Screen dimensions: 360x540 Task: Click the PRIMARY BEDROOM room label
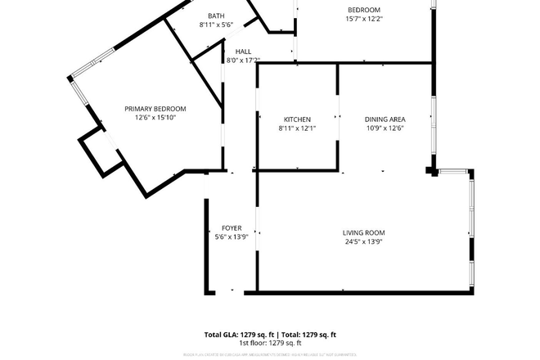click(x=155, y=109)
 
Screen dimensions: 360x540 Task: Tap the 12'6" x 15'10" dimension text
click(x=155, y=118)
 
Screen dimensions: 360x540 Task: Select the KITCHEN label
click(x=297, y=119)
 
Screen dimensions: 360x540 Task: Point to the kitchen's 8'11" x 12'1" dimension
click(x=297, y=128)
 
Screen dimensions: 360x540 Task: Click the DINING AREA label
click(x=384, y=119)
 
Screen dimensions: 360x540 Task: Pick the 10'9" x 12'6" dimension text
click(x=384, y=128)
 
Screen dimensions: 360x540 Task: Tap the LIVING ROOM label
click(x=363, y=233)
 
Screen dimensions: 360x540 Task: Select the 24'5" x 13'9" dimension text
click(x=363, y=242)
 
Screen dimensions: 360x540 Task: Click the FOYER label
click(x=232, y=228)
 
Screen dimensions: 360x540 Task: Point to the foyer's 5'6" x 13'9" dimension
click(x=232, y=237)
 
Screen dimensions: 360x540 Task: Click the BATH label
click(x=216, y=16)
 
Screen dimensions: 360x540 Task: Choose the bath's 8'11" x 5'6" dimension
click(x=216, y=25)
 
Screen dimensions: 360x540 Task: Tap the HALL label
click(x=232, y=51)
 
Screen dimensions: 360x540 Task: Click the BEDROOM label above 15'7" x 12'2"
click(x=364, y=9)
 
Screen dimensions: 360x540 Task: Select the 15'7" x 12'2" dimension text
click(x=364, y=19)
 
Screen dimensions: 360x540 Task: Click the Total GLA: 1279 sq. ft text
click(x=238, y=335)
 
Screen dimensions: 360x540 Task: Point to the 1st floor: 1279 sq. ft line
click(x=270, y=344)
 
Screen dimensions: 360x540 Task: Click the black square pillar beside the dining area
click(x=430, y=171)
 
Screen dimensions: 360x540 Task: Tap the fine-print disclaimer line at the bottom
click(x=270, y=353)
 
